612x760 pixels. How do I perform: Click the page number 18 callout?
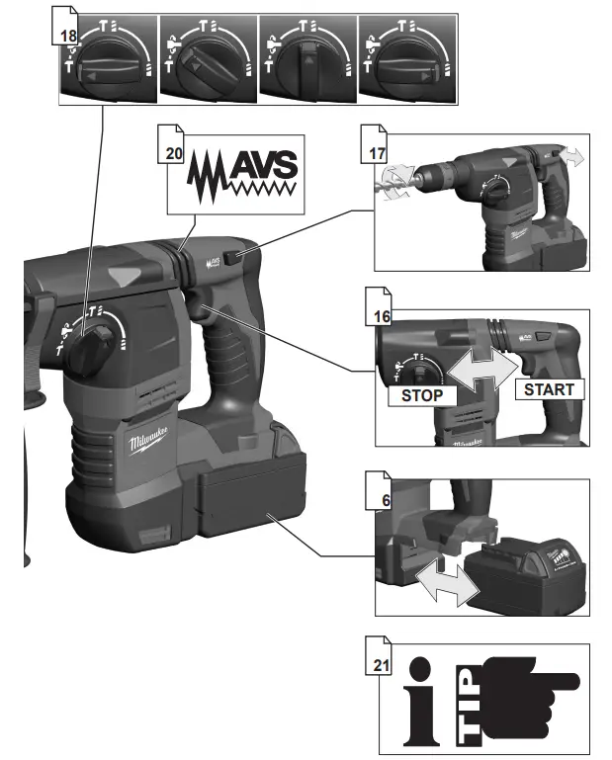pos(68,36)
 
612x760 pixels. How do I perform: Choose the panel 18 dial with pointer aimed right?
pos(406,62)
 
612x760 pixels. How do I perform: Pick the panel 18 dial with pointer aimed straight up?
pos(307,62)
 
